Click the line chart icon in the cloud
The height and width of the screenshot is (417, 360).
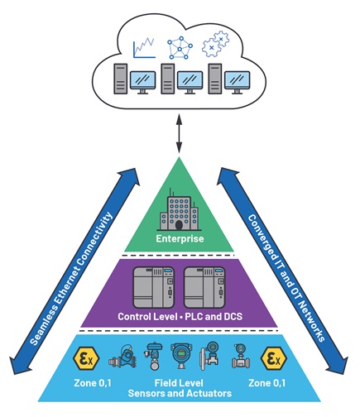(x=144, y=48)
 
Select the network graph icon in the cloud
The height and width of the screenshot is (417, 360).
(x=180, y=48)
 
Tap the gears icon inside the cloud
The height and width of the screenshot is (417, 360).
(x=215, y=44)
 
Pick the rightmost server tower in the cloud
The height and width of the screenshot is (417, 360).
(x=215, y=79)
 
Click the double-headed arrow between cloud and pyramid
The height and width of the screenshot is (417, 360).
(x=180, y=134)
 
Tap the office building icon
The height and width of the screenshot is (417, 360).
(x=179, y=211)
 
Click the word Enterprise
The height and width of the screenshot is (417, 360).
(x=180, y=238)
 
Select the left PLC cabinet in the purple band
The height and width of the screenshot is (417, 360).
(x=154, y=287)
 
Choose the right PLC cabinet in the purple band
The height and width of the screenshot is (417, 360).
(x=204, y=287)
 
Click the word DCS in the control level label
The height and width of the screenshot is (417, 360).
(x=233, y=316)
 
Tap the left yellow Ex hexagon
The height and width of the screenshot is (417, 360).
(x=86, y=358)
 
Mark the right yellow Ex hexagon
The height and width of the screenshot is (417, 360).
(x=274, y=358)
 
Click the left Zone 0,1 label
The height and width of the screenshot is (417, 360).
(x=93, y=383)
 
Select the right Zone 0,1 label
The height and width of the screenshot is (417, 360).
(x=267, y=383)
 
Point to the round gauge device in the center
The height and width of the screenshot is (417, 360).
(x=181, y=356)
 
